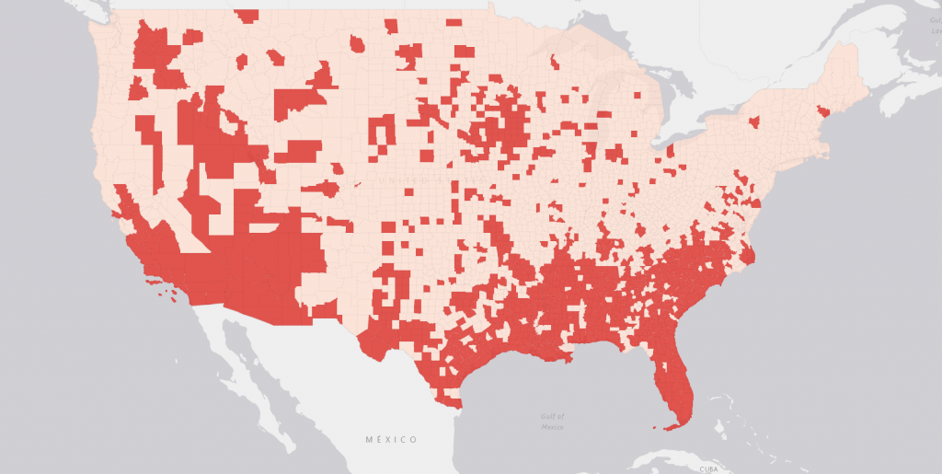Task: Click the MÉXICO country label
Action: pyautogui.click(x=391, y=439)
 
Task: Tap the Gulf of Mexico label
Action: pyautogui.click(x=552, y=422)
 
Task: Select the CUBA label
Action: pyautogui.click(x=706, y=468)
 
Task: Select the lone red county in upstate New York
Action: pyautogui.click(x=754, y=121)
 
